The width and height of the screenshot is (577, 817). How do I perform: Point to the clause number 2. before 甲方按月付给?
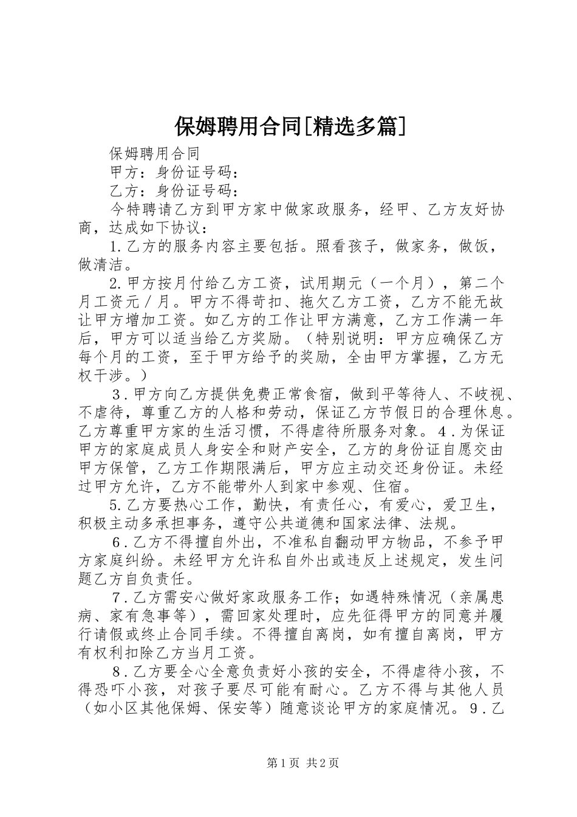tap(117, 283)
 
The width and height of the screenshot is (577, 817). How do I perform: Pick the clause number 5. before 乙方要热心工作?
tap(117, 505)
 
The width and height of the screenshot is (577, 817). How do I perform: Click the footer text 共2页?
tap(323, 763)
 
